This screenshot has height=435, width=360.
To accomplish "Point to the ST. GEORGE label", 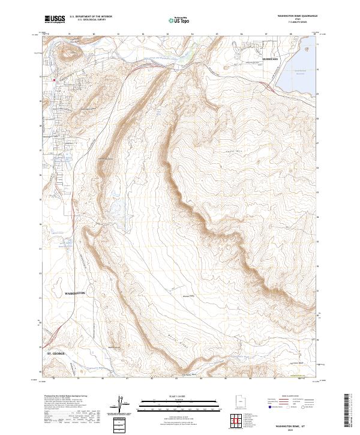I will point(60,354).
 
